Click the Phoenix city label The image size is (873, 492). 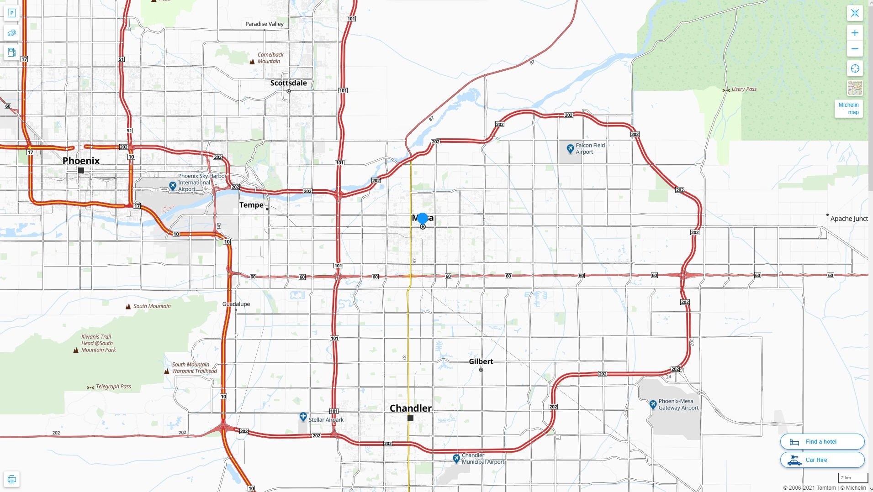click(x=81, y=161)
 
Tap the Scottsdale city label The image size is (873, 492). click(x=288, y=83)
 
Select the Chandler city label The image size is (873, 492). click(x=410, y=408)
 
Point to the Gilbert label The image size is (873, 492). click(x=481, y=361)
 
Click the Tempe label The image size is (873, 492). click(x=251, y=205)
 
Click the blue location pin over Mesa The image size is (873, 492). click(x=423, y=219)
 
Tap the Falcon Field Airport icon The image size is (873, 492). click(x=570, y=148)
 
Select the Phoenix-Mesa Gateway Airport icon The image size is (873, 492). click(x=653, y=404)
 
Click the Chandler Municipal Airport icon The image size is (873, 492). click(x=456, y=458)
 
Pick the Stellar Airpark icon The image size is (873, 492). click(x=303, y=417)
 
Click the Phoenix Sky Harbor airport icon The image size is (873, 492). click(x=172, y=186)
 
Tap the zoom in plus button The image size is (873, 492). click(x=855, y=33)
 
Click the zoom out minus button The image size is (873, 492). click(x=855, y=49)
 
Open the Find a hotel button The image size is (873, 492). click(x=822, y=442)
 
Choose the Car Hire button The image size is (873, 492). click(x=822, y=460)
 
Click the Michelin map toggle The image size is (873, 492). click(x=848, y=109)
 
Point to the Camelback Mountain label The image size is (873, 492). click(x=270, y=58)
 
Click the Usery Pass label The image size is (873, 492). click(x=744, y=89)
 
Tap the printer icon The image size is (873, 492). click(x=12, y=479)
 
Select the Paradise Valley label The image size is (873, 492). click(x=264, y=24)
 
